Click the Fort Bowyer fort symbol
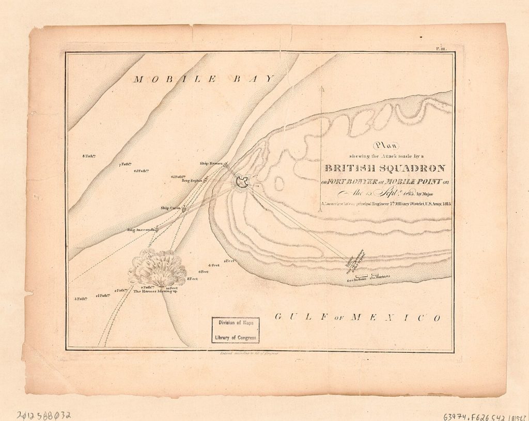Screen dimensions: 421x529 [x=242, y=181]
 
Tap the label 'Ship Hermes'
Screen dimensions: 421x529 [x=211, y=164]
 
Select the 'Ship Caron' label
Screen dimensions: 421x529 [x=170, y=208]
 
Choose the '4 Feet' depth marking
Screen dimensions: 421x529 [x=214, y=265]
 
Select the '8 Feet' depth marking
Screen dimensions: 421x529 [x=193, y=279]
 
